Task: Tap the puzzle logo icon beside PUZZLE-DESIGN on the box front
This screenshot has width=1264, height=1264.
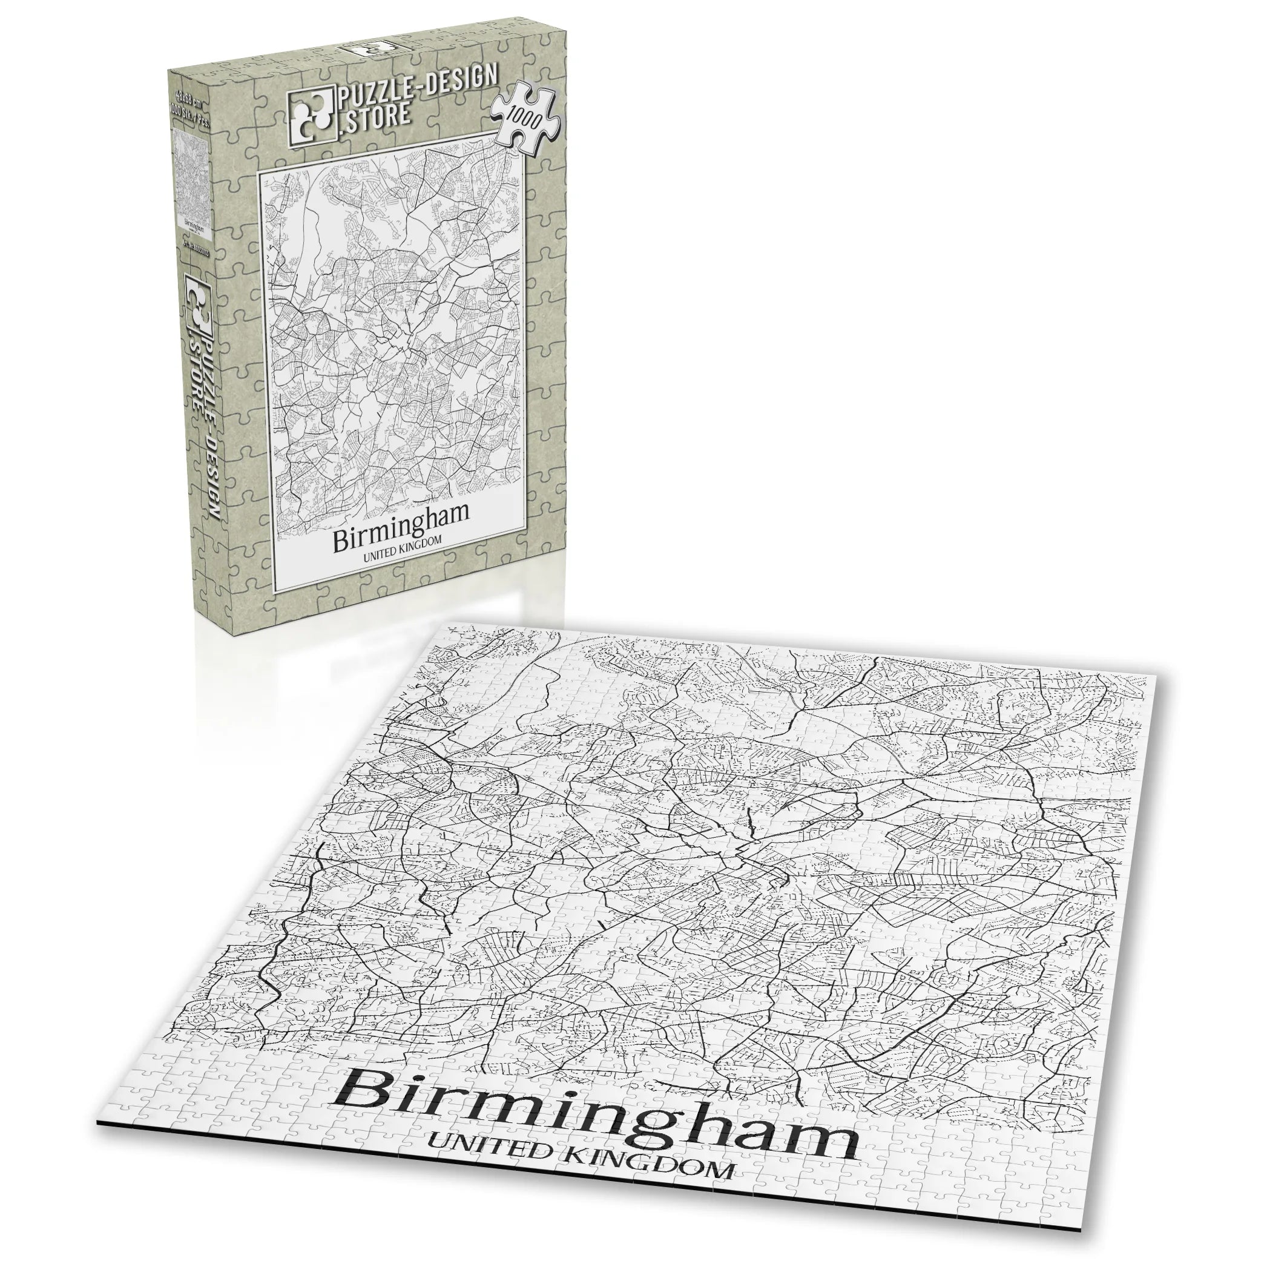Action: (x=311, y=114)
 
